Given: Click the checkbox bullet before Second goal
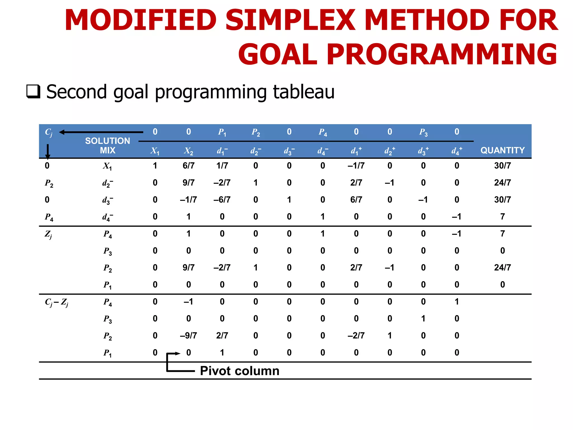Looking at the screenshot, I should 33,92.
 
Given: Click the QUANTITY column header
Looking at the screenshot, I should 502,150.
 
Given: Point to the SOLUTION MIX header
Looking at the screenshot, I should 107,145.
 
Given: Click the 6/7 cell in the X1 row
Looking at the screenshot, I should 189,165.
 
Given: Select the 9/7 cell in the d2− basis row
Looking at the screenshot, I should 189,183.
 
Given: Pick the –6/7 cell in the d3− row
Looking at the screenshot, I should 222,200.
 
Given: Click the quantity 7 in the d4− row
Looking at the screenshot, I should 502,216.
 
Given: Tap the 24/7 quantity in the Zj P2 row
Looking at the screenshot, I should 502,267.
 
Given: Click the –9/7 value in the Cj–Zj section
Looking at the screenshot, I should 189,335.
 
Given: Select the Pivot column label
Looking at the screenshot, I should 239,371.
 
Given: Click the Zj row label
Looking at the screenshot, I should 48,234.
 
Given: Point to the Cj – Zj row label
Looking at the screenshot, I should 57,302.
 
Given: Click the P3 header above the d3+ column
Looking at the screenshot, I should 423,132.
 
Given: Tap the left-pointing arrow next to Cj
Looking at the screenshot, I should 101,132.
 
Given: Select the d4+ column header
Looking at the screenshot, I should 457,151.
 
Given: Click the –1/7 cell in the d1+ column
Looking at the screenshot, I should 356,165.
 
